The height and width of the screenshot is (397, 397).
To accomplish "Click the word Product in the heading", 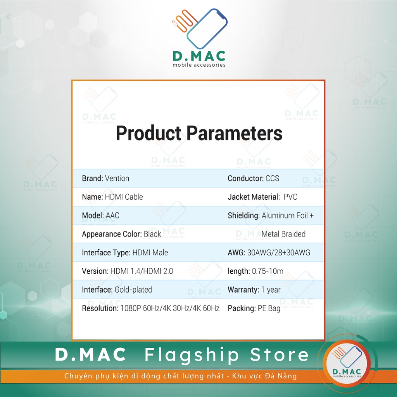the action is tap(148, 133).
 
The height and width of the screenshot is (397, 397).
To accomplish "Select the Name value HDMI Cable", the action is tap(124, 197).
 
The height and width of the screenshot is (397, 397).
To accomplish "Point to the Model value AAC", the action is tap(112, 216).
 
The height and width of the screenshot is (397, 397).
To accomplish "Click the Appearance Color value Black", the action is tap(152, 234).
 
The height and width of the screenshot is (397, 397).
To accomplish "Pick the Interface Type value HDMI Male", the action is tap(150, 253).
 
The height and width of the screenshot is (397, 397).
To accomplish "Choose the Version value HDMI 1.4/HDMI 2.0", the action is tap(142, 271).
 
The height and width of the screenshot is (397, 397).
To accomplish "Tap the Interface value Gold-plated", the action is tap(133, 290).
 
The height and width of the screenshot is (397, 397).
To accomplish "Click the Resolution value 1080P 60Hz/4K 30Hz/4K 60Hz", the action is tap(170, 308).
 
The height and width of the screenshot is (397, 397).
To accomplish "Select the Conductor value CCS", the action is tap(273, 178).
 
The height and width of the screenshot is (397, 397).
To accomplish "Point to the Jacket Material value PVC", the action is tap(290, 197).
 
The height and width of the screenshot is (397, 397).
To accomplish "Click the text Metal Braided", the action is tap(283, 234).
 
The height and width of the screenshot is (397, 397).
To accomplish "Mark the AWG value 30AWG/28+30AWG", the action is tap(279, 253).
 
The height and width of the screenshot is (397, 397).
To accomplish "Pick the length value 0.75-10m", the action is tap(268, 271).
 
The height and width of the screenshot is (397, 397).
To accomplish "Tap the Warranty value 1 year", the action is tap(271, 290).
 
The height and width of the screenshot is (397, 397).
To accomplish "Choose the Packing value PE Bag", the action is tap(269, 308).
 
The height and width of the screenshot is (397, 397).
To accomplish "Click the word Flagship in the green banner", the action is tap(192, 355).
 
